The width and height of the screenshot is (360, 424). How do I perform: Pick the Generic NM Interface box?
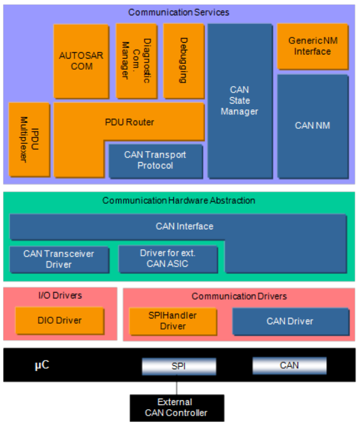pos(312,46)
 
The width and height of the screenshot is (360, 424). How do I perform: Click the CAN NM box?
pos(312,126)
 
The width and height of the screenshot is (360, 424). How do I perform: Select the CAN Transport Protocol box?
pos(155,160)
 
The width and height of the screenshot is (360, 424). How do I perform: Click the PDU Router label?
pos(129,122)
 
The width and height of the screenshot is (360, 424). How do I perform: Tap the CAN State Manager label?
pos(239,100)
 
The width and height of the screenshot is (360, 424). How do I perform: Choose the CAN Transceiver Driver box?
pos(59,259)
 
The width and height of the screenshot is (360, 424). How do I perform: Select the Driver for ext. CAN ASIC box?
pos(168,259)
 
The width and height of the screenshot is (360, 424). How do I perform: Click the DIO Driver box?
pos(59,320)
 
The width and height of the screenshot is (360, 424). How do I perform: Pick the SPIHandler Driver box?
pos(173,321)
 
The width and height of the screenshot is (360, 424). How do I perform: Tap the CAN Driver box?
pos(290,321)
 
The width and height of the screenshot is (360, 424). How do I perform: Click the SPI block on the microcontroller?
pos(179,365)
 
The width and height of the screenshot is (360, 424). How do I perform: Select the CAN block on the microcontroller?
pos(289,365)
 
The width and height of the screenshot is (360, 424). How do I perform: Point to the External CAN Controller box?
pos(177,407)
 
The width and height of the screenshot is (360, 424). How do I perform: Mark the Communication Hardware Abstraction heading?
pos(179,201)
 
